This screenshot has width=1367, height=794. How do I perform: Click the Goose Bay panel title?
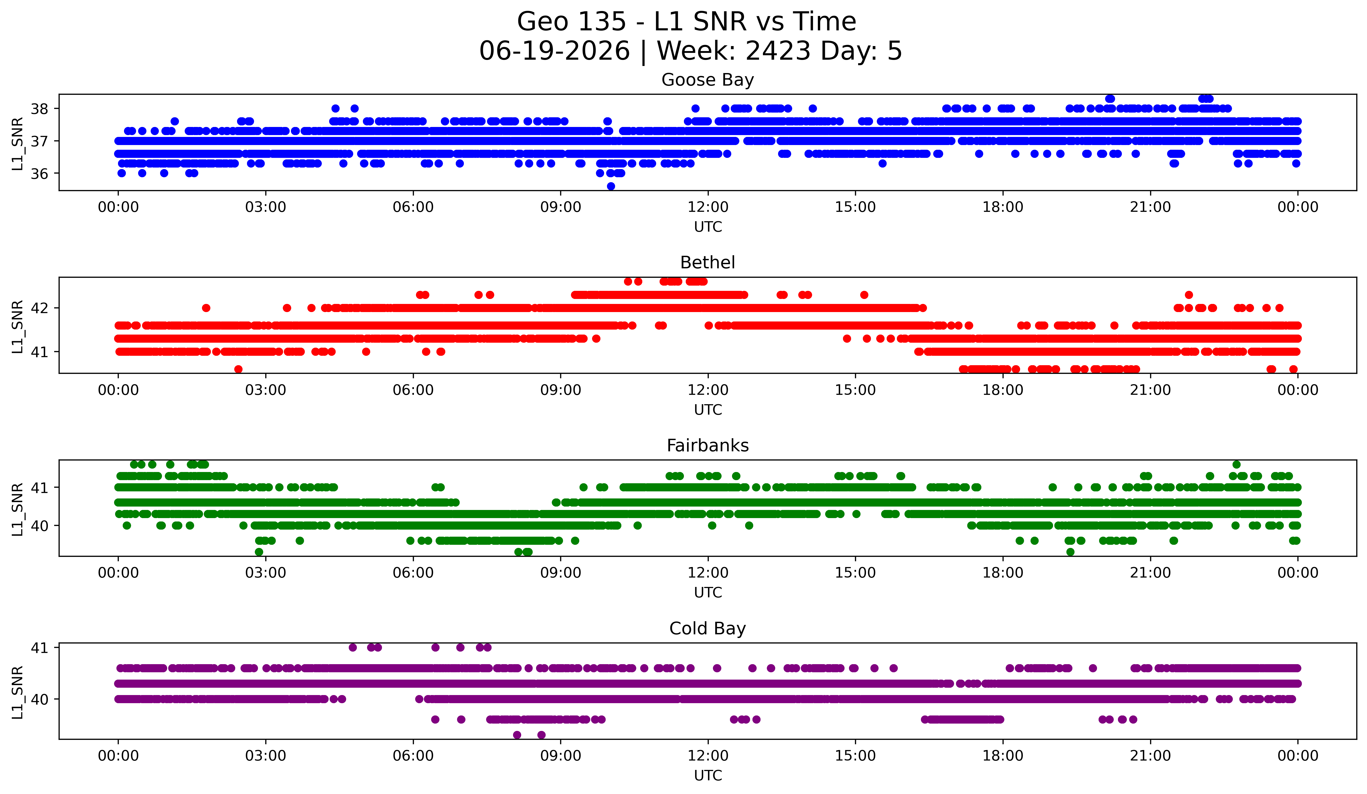pyautogui.click(x=707, y=80)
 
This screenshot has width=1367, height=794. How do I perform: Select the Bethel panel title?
pyautogui.click(x=707, y=263)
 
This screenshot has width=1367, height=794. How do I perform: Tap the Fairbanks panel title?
pyautogui.click(x=707, y=446)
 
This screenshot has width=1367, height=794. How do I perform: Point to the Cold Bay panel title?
pyautogui.click(x=707, y=629)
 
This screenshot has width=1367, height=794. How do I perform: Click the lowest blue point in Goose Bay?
pyautogui.click(x=611, y=186)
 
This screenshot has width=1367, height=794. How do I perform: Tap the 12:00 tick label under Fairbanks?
pyautogui.click(x=708, y=573)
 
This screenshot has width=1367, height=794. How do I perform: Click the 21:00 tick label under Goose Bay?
pyautogui.click(x=1150, y=207)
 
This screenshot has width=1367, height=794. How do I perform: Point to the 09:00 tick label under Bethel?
pyautogui.click(x=560, y=390)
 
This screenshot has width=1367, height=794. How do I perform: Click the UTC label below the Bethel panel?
pyautogui.click(x=708, y=410)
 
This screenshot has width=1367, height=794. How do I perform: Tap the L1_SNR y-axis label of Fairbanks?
pyautogui.click(x=17, y=509)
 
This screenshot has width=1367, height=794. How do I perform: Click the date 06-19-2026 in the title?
pyautogui.click(x=554, y=51)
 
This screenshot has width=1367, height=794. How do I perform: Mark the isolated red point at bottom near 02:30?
pyautogui.click(x=238, y=369)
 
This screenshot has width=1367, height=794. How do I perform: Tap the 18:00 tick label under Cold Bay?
pyautogui.click(x=1003, y=756)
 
